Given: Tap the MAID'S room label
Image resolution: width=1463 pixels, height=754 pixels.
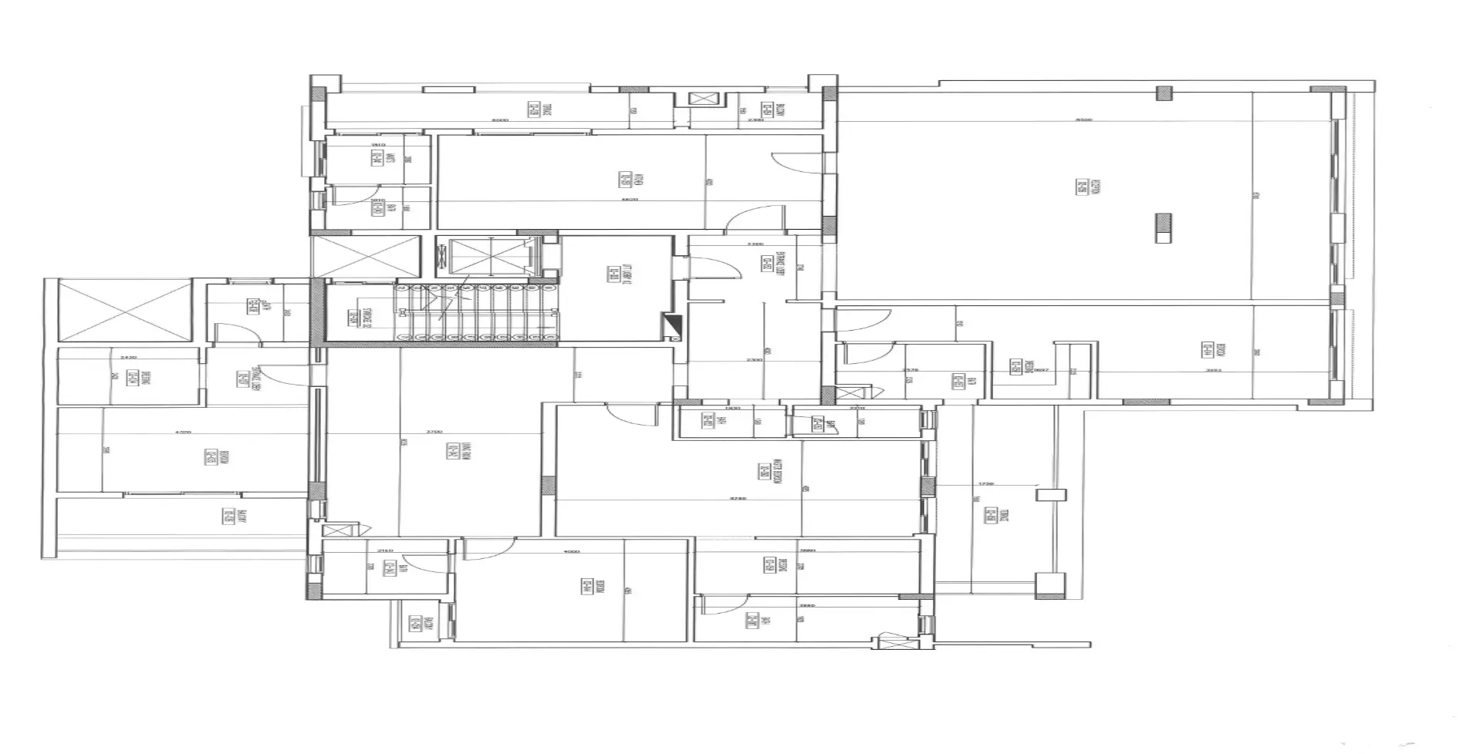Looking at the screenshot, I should tap(378, 160).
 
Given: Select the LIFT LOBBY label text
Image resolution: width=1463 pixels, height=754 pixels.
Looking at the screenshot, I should tap(615, 274).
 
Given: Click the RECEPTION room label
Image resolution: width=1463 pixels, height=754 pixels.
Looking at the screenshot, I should tap(1083, 186).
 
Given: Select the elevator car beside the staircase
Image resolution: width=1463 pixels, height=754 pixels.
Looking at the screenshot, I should tap(486, 256).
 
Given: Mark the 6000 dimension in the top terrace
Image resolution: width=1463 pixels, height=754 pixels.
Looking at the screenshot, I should tap(501, 120).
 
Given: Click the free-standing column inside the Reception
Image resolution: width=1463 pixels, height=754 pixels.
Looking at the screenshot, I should tap(1163, 228).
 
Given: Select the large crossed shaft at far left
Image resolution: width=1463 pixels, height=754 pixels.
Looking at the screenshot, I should tap(124, 311).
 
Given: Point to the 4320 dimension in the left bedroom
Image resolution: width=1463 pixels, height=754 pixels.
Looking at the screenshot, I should tap(183, 433).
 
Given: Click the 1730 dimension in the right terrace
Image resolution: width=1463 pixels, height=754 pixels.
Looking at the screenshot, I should tap(985, 484).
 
